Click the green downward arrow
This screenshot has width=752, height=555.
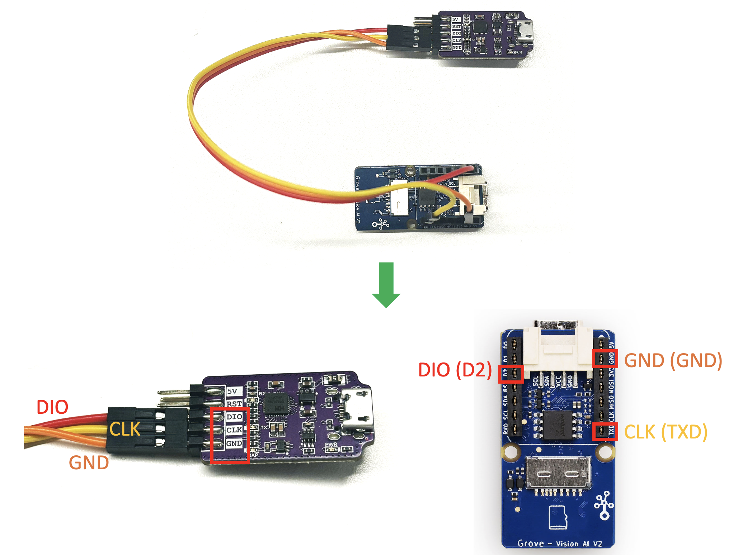pos(386,285)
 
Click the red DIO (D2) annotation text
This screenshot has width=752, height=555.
pos(455,370)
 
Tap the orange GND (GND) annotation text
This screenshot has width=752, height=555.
pos(673,360)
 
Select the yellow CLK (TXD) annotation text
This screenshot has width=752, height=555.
pos(666,432)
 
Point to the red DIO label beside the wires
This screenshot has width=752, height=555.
pos(52,407)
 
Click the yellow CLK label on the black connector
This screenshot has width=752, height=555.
pos(125,429)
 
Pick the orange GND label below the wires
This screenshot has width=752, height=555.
pos(89,463)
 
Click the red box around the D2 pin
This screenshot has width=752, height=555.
pos(511,374)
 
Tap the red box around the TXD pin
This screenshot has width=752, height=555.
pos(605,431)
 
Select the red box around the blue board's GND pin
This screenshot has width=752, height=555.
pos(605,359)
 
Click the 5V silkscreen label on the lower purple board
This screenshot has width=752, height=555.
pos(232,391)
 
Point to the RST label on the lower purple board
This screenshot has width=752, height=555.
pos(234,404)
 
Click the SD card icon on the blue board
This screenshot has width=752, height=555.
pos(558,517)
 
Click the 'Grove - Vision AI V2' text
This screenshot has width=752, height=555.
pos(560,544)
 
